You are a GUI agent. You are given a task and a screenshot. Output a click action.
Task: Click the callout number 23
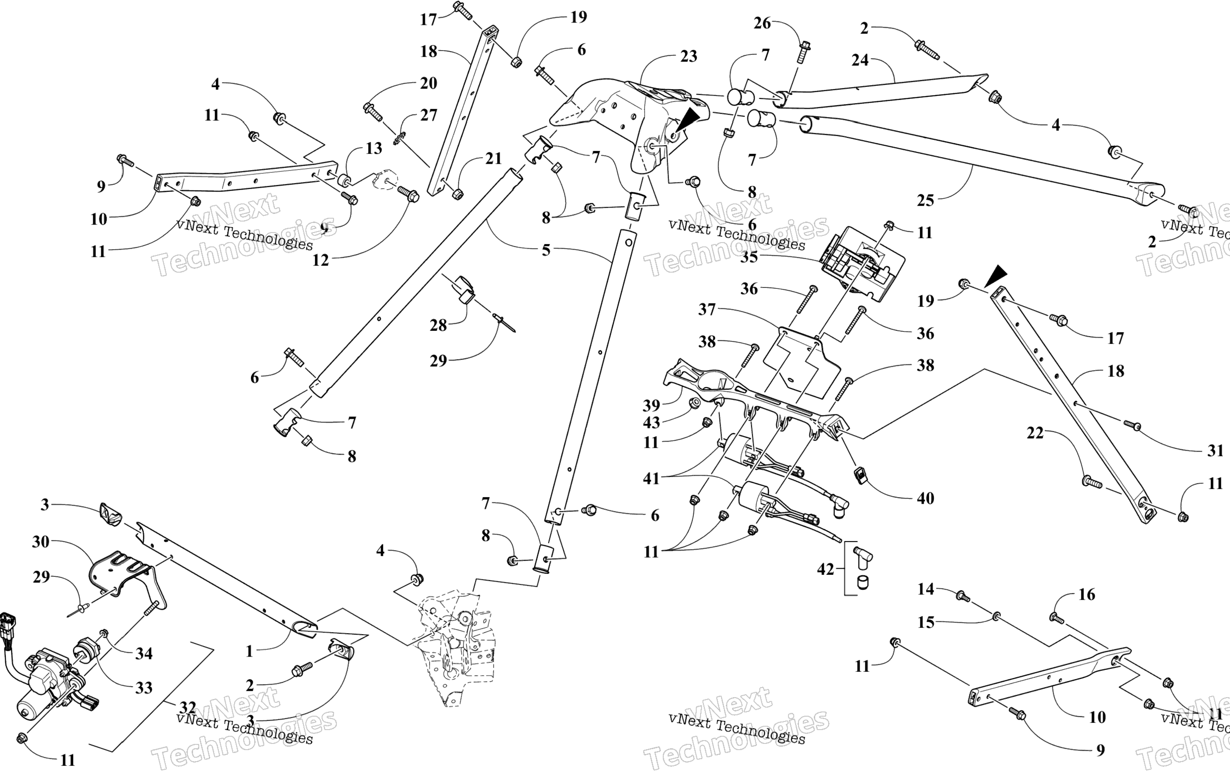[x=688, y=56]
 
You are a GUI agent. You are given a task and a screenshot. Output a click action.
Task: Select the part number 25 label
[x=925, y=201]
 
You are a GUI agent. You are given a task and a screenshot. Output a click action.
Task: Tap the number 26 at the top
[x=762, y=23]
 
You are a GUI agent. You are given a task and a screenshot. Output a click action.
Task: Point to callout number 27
[x=429, y=116]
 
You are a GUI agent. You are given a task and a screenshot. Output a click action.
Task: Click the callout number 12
[x=320, y=260]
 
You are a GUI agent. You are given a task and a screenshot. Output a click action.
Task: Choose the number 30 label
[x=41, y=541]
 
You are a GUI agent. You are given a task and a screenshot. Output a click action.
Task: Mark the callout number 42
[x=825, y=569]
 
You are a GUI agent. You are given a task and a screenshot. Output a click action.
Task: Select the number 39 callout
[x=651, y=405]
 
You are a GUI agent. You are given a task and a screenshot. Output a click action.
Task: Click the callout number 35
[x=749, y=257]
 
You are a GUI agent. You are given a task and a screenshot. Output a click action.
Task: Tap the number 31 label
[x=1215, y=450]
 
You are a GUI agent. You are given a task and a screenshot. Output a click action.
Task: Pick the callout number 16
[x=1087, y=594]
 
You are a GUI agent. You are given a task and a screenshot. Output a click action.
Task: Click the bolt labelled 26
[x=802, y=52]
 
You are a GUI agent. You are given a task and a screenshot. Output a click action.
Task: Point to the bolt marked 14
[x=962, y=596]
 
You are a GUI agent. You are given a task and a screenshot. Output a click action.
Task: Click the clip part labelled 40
[x=861, y=476]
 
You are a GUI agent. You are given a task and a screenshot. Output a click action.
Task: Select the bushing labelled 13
[x=344, y=180]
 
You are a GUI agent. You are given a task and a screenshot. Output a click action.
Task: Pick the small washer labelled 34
[x=104, y=634]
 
